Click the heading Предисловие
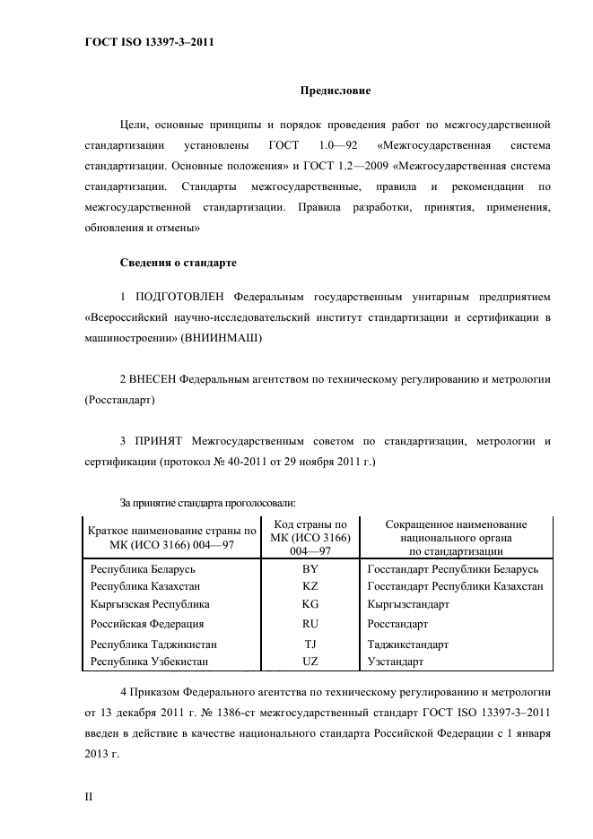(335, 91)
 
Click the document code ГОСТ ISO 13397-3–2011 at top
(143, 40)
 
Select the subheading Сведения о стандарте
(178, 263)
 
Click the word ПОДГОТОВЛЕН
(180, 296)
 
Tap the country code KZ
(310, 586)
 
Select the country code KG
(310, 604)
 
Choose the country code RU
(310, 624)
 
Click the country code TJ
(310, 644)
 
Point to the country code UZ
(310, 662)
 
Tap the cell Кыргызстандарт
(409, 604)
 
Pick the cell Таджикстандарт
(408, 644)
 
